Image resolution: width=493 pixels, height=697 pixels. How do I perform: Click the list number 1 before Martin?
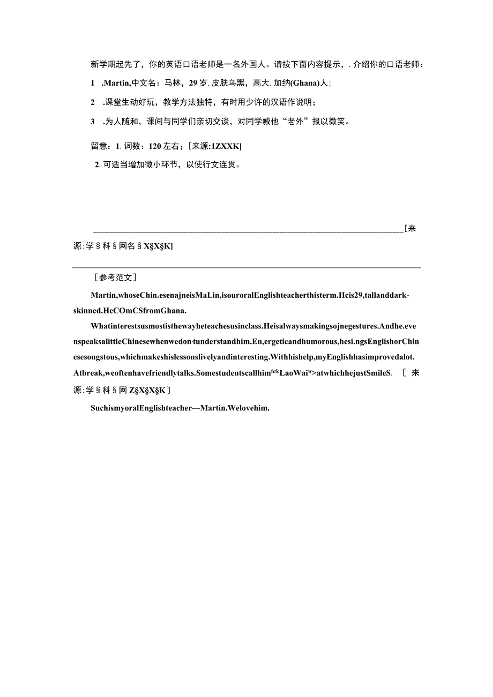(93, 83)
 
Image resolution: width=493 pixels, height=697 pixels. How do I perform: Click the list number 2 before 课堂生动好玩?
(93, 102)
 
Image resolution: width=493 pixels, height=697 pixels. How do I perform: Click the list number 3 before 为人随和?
(93, 122)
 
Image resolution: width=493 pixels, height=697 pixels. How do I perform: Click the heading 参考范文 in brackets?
(115, 278)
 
